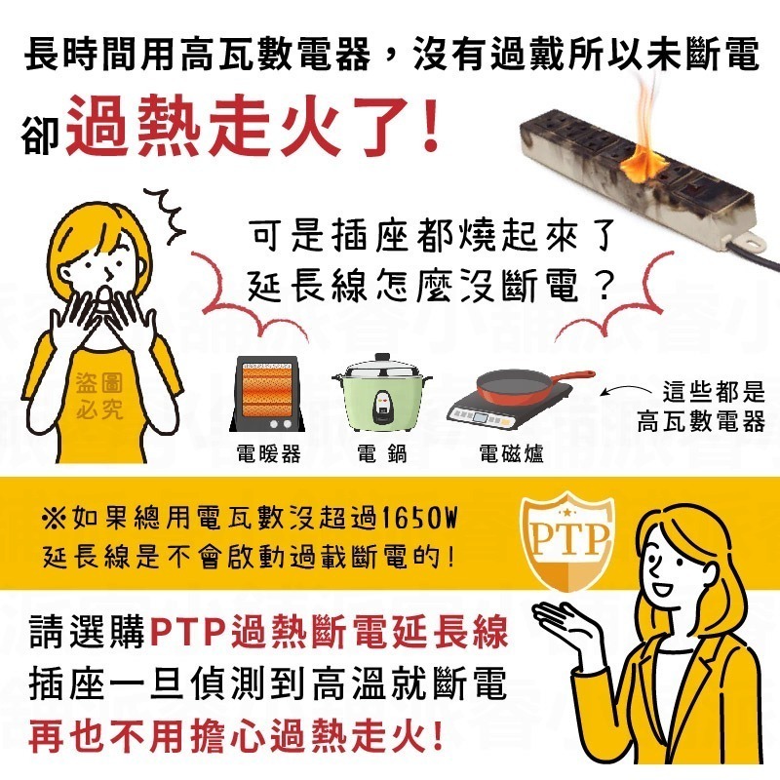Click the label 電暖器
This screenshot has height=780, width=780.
(268, 454)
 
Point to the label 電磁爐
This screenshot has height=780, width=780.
(511, 454)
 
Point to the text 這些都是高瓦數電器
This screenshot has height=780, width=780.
(700, 408)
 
